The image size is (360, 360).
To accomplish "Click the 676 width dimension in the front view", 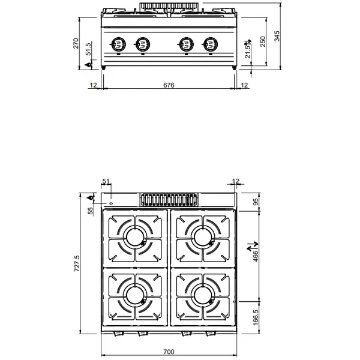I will point(169,86).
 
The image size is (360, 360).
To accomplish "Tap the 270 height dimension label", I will point(76,44).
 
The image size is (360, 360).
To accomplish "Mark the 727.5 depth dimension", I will point(76,265).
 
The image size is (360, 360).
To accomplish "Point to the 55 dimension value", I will point(91,210).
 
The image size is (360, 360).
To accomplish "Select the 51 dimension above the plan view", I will point(107,181).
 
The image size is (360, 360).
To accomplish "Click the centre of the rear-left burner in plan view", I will point(134,238).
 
